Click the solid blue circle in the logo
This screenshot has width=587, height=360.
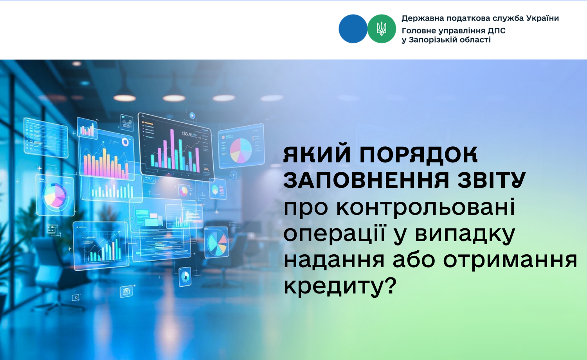point(353,29)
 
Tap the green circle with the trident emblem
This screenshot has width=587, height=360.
point(382,29)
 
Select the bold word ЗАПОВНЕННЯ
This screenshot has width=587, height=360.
point(366,180)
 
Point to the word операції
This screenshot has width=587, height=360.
point(335,233)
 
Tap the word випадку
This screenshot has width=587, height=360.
point(465,234)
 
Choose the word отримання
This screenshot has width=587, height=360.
point(510,261)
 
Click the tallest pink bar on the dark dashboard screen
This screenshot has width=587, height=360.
point(172,149)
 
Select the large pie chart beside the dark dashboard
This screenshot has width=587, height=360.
point(241,150)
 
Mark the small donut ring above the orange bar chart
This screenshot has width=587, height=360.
point(125,142)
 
